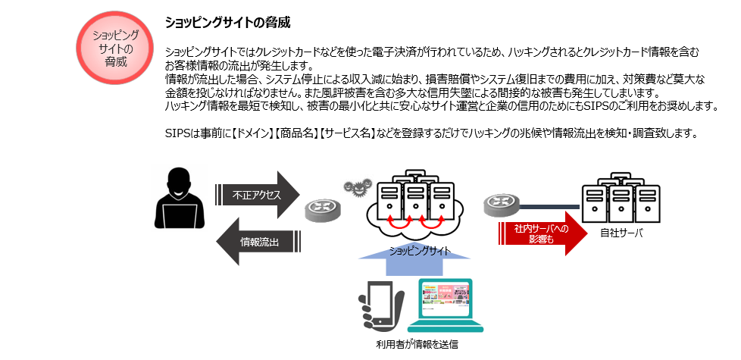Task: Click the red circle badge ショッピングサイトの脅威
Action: (x=115, y=49)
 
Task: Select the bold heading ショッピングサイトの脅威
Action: (x=227, y=23)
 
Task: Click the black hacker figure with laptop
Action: (x=180, y=199)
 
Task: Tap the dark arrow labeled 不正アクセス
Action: (x=258, y=194)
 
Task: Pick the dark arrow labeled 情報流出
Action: (x=258, y=242)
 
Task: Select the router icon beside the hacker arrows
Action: (x=322, y=211)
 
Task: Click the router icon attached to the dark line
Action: (x=502, y=206)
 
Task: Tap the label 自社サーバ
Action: (x=621, y=233)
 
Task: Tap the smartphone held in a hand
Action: (x=381, y=305)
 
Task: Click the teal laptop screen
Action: (x=446, y=299)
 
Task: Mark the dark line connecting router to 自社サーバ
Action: (x=549, y=206)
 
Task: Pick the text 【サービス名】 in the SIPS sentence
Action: (x=346, y=133)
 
